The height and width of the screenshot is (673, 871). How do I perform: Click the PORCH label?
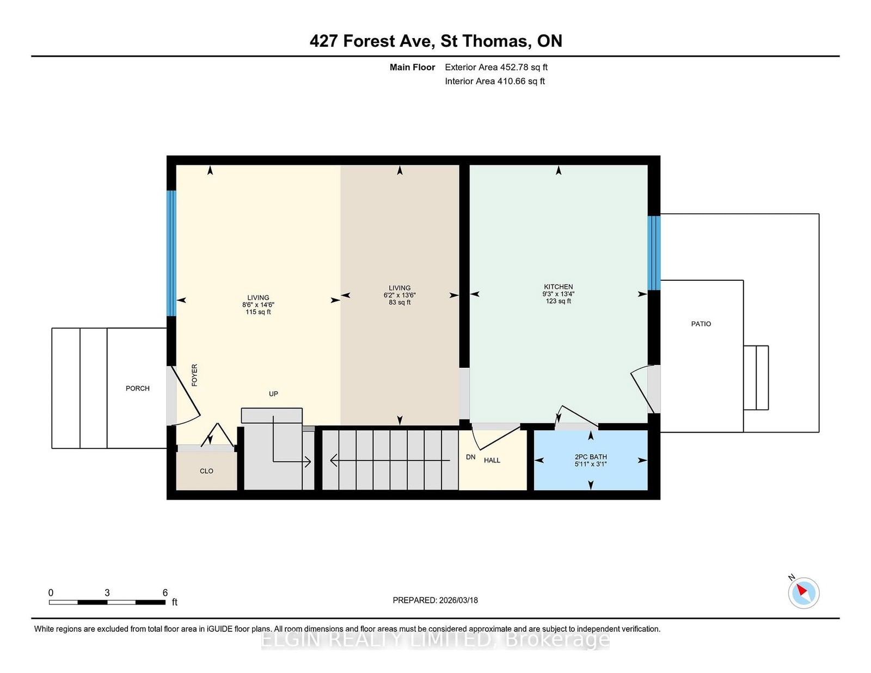click(138, 388)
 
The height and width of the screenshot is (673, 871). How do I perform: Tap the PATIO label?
click(701, 324)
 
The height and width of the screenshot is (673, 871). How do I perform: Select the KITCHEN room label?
click(559, 287)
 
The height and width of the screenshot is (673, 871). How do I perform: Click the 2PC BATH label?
click(591, 456)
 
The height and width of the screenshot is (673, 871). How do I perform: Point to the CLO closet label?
click(206, 471)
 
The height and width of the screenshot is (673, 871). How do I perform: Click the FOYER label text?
click(194, 375)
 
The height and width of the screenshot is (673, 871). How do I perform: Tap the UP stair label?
click(273, 394)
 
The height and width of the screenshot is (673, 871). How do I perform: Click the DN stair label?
click(470, 456)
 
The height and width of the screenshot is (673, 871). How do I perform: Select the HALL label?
click(492, 460)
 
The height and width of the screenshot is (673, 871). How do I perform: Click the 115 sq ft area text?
click(258, 312)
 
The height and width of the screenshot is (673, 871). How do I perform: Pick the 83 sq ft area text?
click(400, 302)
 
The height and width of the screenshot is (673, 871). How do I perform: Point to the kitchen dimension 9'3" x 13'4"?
click(559, 294)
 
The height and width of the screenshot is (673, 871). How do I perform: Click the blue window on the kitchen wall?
click(654, 253)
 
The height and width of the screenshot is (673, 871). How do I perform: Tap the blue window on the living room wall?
click(171, 253)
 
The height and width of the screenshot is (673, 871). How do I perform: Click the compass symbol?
click(803, 593)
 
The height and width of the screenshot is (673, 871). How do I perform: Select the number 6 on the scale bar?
click(165, 592)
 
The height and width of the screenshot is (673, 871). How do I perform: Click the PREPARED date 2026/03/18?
click(458, 600)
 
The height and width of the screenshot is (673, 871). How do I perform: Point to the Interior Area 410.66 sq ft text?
click(495, 81)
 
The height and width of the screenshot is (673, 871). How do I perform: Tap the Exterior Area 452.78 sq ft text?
click(496, 67)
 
